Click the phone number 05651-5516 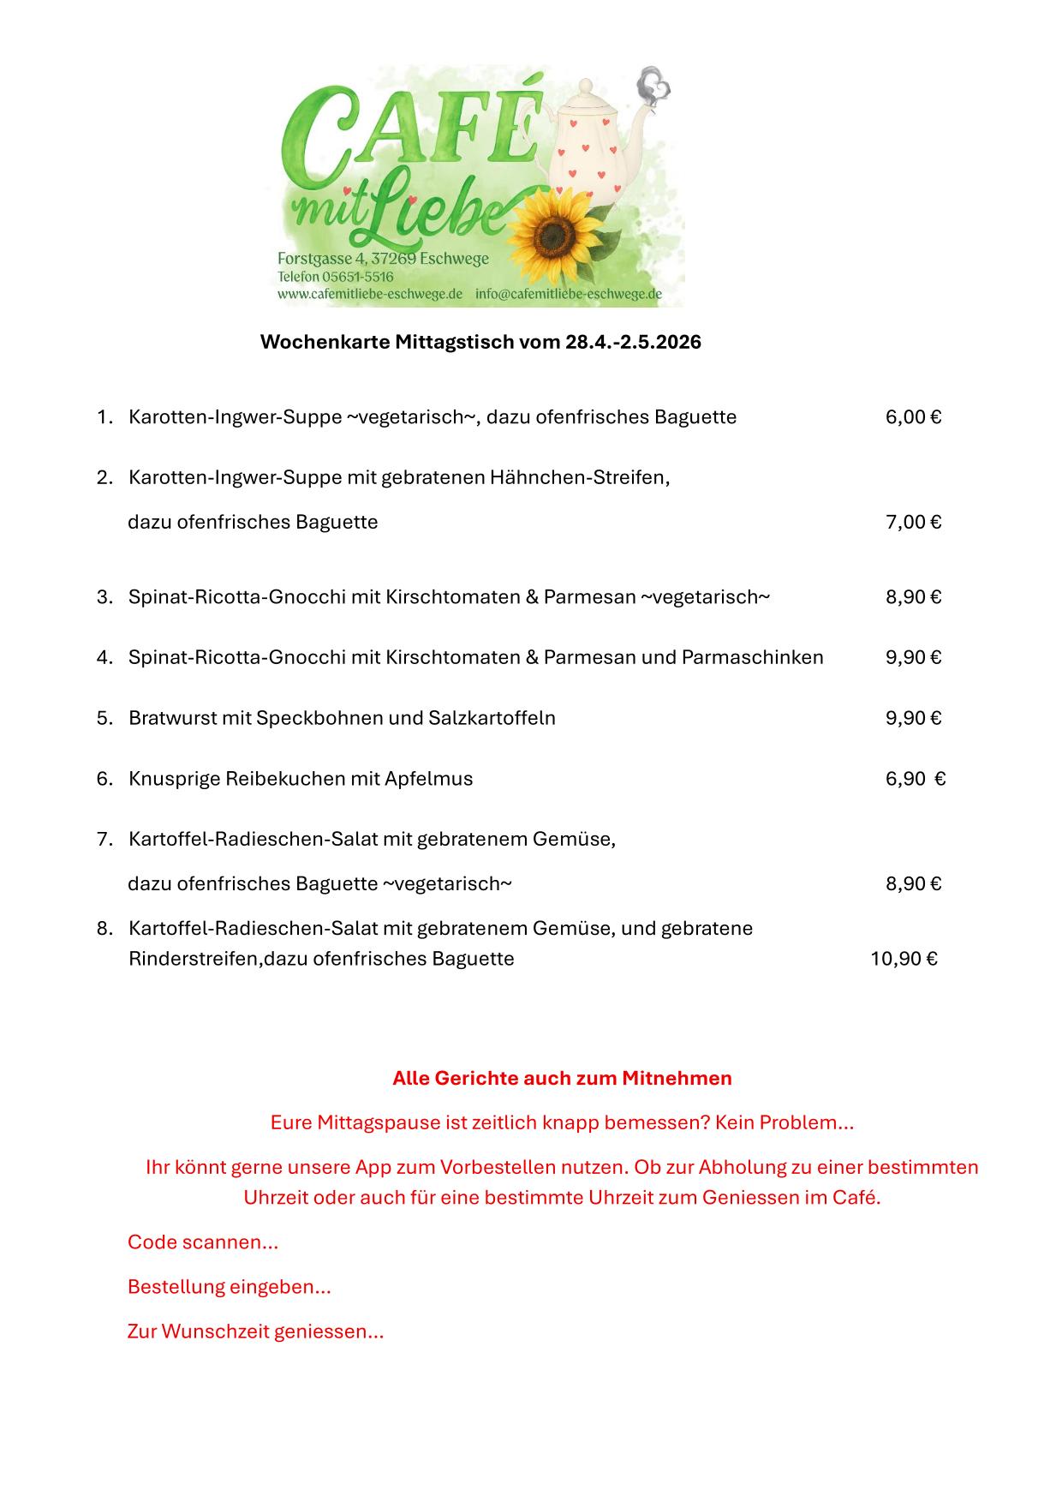point(357,277)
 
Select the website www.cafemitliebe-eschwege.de point(370,294)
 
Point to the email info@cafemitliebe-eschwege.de point(569,294)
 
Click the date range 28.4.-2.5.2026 point(633,343)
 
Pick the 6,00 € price point(913,417)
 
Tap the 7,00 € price point(913,522)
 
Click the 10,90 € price point(904,959)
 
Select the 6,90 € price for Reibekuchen point(915,779)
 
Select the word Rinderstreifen point(194,959)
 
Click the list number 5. point(104,718)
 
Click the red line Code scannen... point(203,1242)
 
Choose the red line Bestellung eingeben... point(229,1286)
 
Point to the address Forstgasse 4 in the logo point(322,259)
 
